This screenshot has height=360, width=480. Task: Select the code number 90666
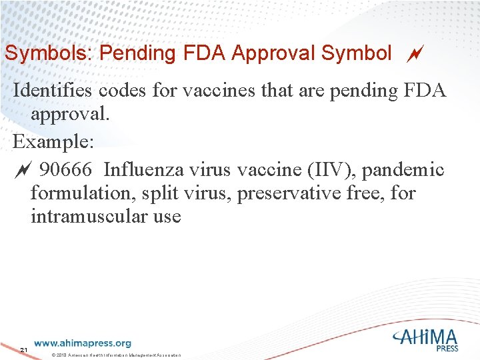(67, 170)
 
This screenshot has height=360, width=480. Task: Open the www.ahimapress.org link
(83, 343)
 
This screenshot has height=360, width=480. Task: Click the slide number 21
(23, 350)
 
